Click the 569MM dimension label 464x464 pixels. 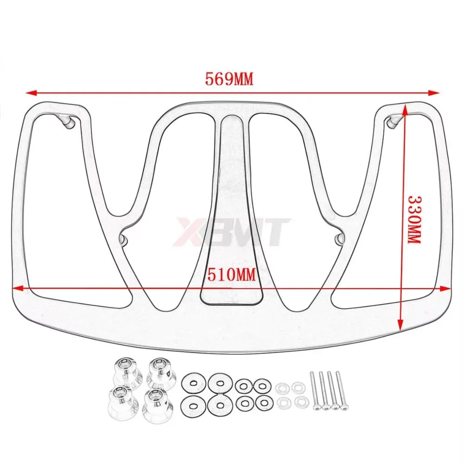pos(229,79)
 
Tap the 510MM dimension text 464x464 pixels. pos(232,275)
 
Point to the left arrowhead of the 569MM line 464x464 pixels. pos(30,92)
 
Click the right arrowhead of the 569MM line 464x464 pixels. pos(435,92)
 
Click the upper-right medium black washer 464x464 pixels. pos(261,385)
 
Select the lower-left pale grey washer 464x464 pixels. pos(282,402)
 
